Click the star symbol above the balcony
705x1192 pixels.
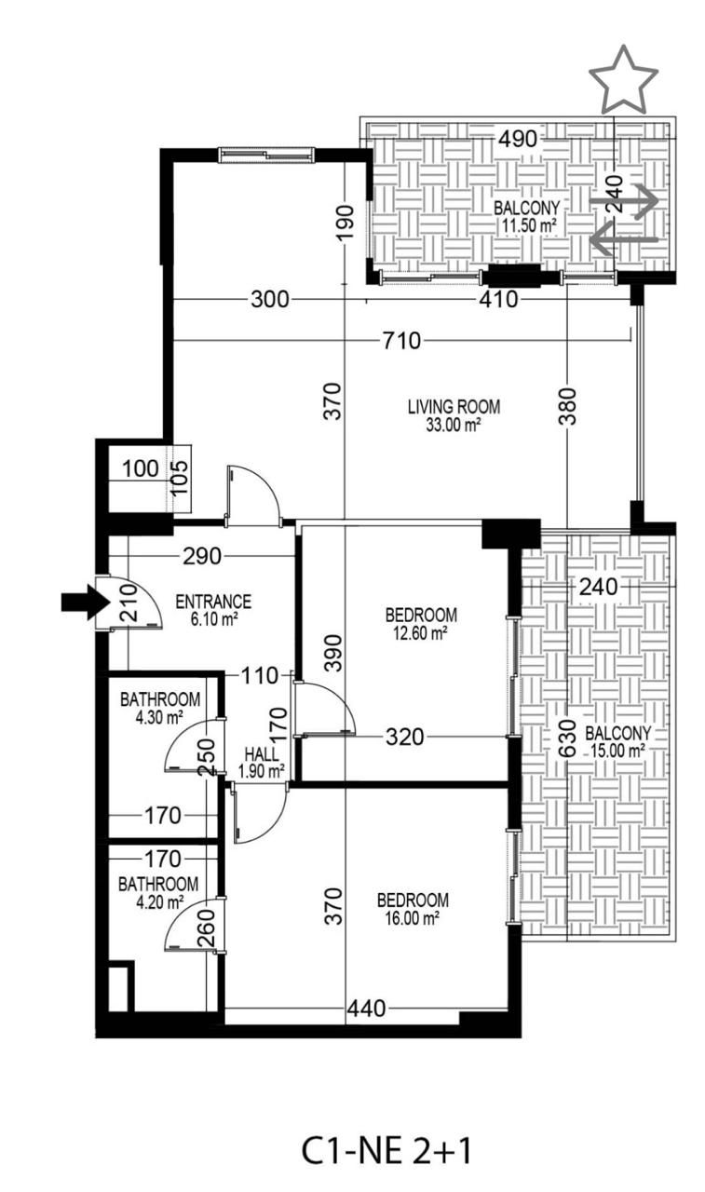(623, 80)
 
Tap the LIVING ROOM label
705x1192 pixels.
(454, 413)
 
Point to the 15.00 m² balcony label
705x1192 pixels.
(617, 740)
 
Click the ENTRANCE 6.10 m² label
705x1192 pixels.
(213, 609)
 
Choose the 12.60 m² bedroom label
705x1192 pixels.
(421, 623)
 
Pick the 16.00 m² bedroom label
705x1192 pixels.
(413, 909)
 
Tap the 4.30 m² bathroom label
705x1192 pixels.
(159, 708)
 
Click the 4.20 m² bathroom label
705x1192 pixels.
(157, 892)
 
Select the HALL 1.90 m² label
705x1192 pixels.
(262, 762)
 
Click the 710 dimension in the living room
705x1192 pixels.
(400, 340)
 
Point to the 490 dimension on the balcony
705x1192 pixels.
(518, 140)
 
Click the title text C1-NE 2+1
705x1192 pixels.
(386, 1151)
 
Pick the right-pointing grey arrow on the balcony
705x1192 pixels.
(623, 201)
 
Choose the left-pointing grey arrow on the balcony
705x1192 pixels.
(623, 240)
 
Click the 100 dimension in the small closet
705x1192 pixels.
(140, 469)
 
